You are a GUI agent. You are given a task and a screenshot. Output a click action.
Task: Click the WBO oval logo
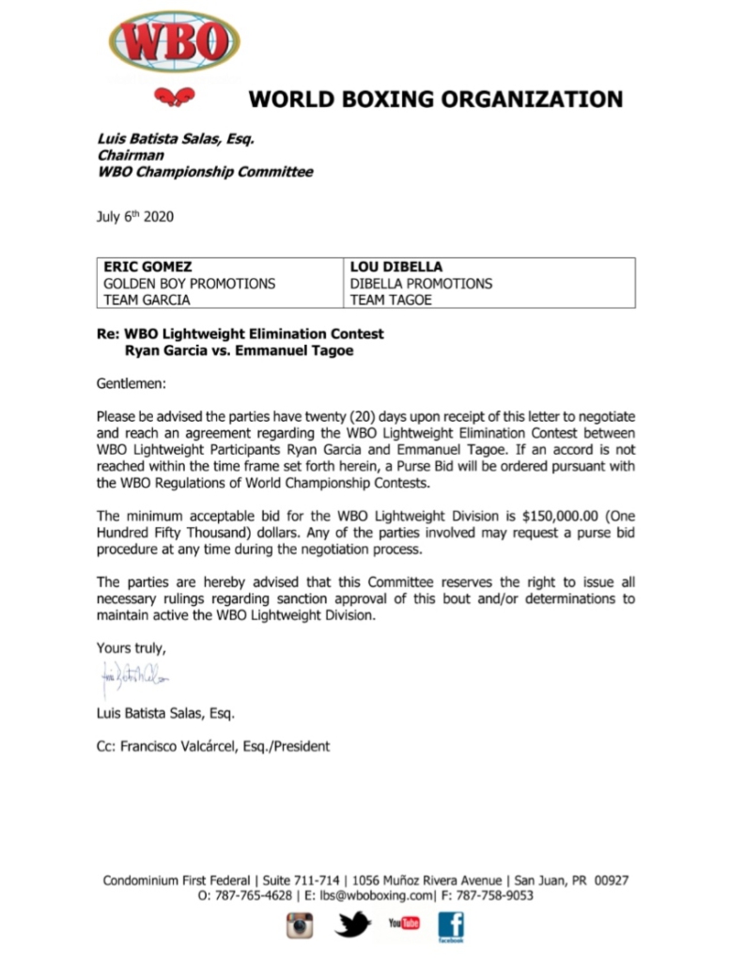click(174, 41)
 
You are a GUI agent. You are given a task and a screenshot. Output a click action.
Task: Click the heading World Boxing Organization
click(434, 99)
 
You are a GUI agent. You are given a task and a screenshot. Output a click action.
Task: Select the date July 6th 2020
click(134, 218)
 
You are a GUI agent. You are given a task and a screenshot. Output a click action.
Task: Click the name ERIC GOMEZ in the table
click(147, 266)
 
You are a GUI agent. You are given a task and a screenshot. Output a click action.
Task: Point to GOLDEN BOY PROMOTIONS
click(189, 283)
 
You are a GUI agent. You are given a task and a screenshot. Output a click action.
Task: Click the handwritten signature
click(133, 677)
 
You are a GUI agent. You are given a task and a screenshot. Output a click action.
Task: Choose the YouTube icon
click(405, 924)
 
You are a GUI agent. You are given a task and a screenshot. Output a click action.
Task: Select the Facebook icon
click(452, 927)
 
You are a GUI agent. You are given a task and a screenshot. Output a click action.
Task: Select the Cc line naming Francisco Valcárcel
click(213, 747)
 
